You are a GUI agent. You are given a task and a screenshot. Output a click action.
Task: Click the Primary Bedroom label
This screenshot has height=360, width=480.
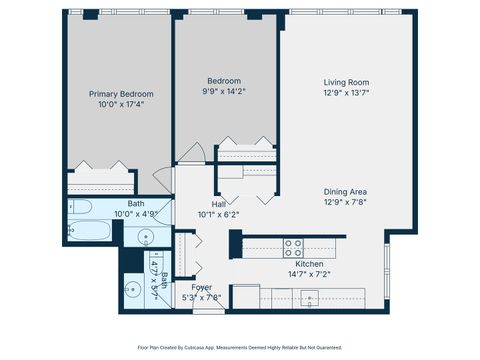click(x=115, y=94)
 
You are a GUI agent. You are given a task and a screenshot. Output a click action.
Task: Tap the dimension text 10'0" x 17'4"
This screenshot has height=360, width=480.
click(x=115, y=104)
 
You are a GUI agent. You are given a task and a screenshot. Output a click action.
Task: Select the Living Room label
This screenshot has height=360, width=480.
click(x=346, y=83)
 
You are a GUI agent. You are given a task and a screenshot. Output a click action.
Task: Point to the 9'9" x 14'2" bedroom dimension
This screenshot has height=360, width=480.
click(x=224, y=92)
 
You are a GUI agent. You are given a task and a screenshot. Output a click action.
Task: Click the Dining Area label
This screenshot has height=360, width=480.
click(x=346, y=192)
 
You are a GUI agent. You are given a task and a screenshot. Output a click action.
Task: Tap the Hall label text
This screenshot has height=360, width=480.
click(x=218, y=203)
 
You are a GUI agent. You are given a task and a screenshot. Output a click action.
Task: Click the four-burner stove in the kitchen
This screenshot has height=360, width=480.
click(x=294, y=246)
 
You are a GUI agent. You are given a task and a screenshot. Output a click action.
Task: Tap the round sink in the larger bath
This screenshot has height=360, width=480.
click(x=146, y=238)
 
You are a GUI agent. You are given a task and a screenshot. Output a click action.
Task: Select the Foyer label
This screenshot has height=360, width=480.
click(x=201, y=287)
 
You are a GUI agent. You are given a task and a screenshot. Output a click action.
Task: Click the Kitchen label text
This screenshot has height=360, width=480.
click(x=294, y=263)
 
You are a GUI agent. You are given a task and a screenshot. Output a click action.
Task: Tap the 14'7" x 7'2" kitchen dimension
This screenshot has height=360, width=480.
click(x=294, y=273)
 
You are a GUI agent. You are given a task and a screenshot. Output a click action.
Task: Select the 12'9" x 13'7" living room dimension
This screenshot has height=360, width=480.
click(x=346, y=93)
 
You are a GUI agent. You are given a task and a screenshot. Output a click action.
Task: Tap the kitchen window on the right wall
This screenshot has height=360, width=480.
click(x=386, y=270)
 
